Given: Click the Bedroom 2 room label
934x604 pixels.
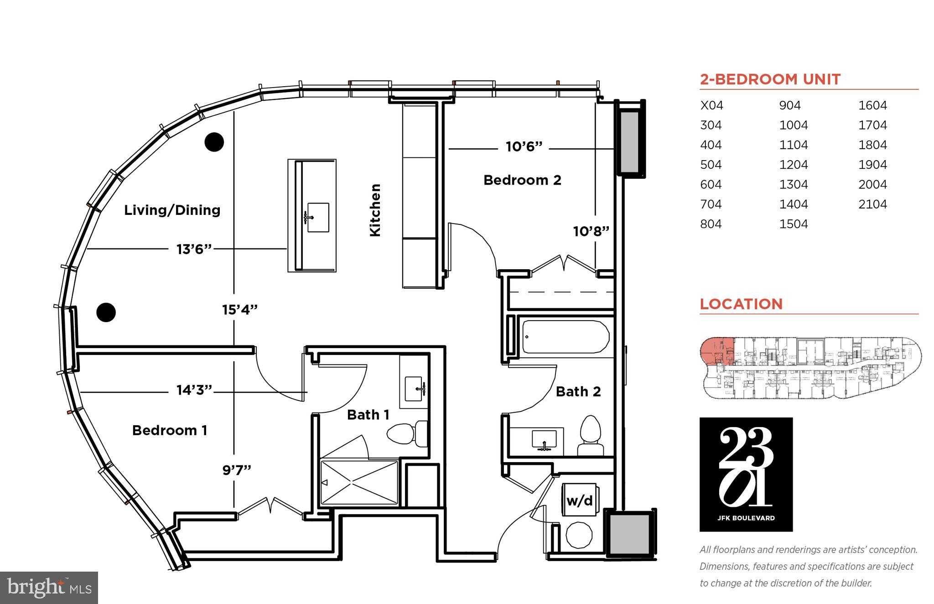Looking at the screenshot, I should pos(522,180).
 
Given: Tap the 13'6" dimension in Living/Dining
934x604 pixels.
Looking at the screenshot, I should pos(194,249).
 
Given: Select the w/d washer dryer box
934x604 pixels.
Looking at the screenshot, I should pos(580,500).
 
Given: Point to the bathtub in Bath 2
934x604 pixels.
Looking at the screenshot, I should pos(566,337).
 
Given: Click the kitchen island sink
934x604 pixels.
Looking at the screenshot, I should pos(318,218).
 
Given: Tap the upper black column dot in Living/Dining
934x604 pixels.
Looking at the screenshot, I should pos(214,142).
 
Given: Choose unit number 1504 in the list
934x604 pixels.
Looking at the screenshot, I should pos(794,224).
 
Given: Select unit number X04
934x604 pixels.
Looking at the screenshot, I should pos(711,105).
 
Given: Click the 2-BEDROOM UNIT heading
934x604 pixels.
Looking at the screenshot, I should pos(770,79).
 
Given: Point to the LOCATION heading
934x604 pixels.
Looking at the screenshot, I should pos(741,304).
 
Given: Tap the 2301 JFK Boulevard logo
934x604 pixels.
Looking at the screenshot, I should pos(746,474).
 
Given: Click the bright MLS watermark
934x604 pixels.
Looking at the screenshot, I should pos(49,588).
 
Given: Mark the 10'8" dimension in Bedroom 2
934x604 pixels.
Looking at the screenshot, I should pos(591,231).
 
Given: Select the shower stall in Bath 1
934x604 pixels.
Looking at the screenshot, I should pos(359,483).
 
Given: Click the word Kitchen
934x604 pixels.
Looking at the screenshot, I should pos(375,210).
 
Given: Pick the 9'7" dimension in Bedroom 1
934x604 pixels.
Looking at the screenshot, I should pos(237,470).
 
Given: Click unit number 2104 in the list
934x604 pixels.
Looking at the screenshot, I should pos(872,204).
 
